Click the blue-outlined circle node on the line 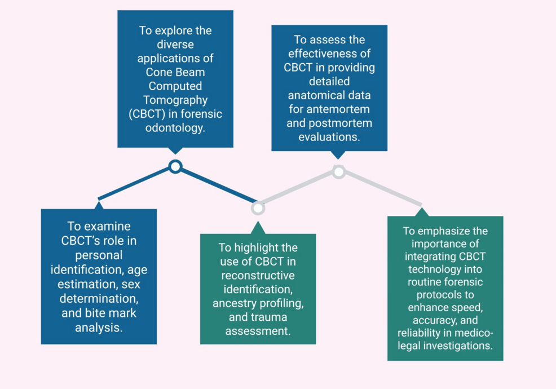pos(175,166)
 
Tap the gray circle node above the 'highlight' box pos(258,208)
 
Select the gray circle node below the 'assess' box pos(338,171)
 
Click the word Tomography pos(175,100)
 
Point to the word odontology pos(175,128)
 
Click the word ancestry pos(236,304)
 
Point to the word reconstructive pos(258,276)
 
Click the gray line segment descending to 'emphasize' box pos(380,188)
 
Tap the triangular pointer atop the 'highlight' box pos(258,228)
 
